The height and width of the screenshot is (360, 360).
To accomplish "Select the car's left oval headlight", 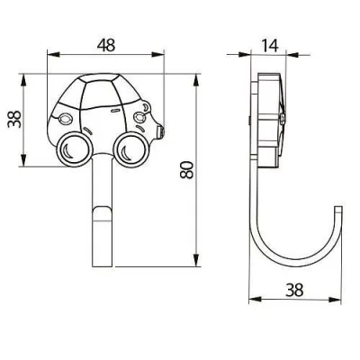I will click(65, 117).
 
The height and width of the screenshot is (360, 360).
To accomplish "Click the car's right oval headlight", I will click(143, 117).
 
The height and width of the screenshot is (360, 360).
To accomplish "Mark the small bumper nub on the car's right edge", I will click(162, 131).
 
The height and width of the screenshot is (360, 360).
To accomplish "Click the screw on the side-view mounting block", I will click(284, 117).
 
